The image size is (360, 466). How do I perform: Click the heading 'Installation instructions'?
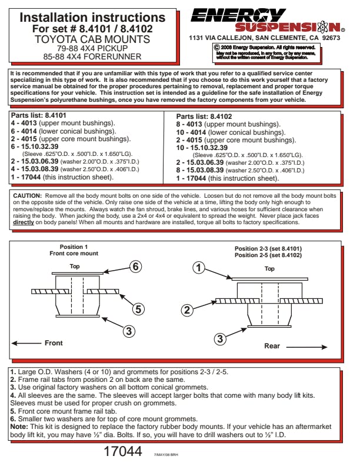click(x=92, y=18)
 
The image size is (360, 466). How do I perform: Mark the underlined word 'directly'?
click(x=24, y=223)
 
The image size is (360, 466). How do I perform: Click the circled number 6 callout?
click(x=135, y=266)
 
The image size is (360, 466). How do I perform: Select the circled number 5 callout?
click(x=138, y=308)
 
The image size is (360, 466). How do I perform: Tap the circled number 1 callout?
click(x=199, y=268)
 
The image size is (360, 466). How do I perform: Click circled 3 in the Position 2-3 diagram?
click(x=219, y=338)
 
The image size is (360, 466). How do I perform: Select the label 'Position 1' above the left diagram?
click(x=74, y=247)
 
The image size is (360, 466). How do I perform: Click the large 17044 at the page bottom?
click(x=123, y=452)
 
